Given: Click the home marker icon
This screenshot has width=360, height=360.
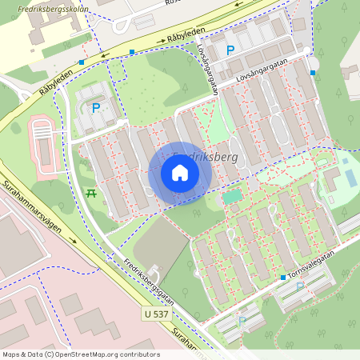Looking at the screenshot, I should (180, 173).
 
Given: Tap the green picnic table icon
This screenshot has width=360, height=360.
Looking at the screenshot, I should (90, 193).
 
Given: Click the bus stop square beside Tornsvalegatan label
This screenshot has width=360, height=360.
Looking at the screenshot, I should (283, 278).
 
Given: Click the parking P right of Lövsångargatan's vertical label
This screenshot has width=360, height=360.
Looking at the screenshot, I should (230, 50).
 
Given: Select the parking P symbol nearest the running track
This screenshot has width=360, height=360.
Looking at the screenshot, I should (96, 108).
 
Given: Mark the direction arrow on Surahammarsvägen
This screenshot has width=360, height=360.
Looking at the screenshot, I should (74, 239).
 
